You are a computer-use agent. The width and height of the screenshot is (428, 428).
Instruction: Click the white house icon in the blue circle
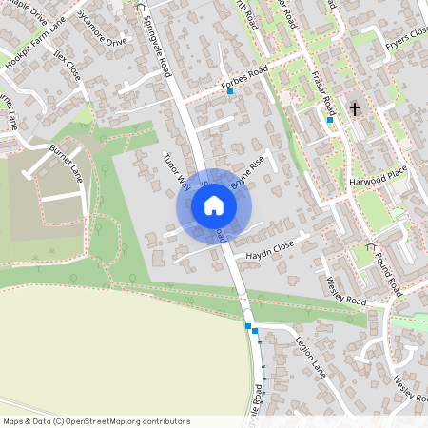coord(213,205)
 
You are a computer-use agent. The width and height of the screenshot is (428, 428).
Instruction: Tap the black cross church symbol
coord(355,108)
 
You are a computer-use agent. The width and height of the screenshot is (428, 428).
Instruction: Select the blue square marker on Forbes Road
coord(230,92)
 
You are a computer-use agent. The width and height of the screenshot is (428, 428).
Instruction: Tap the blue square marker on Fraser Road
coord(330,120)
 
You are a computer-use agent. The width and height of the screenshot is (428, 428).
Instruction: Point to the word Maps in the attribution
coord(13,421)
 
